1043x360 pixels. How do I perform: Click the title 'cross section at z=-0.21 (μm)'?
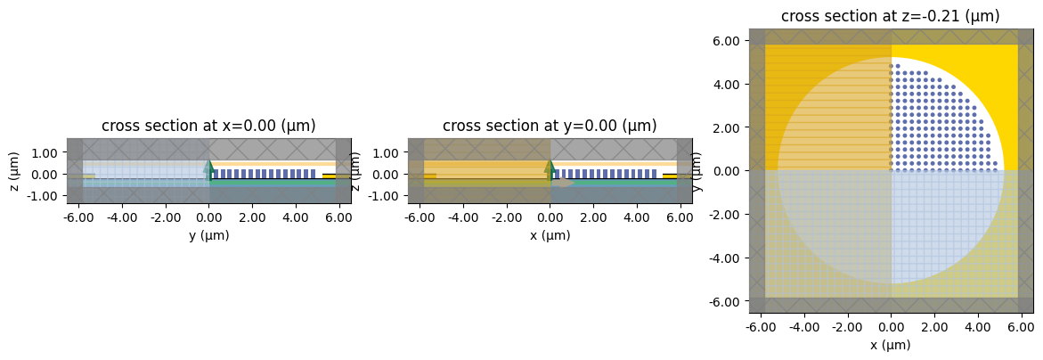tap(891, 16)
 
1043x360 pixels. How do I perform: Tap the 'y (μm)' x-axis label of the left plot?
tap(208, 235)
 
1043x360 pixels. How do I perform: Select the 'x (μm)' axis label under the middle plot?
tap(550, 235)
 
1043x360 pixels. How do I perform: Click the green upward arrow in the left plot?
tap(208, 167)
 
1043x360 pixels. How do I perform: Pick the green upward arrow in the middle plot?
tap(550, 167)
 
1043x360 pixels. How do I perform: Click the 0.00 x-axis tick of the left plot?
tap(208, 217)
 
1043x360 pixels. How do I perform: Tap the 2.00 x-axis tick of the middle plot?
tap(593, 217)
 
